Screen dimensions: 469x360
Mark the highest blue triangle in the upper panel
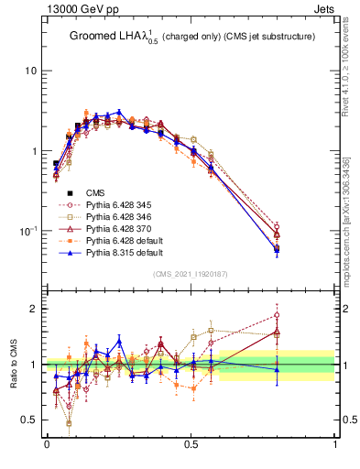[119, 112]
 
